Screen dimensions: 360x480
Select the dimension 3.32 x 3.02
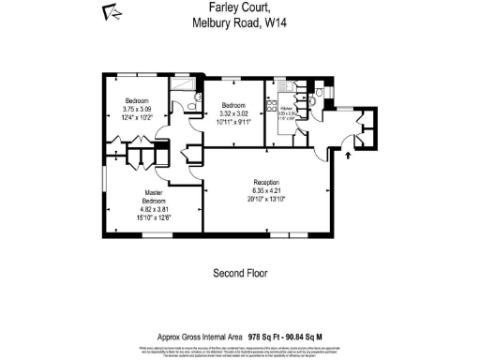click(233, 112)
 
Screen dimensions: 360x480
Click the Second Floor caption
click(240, 274)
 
